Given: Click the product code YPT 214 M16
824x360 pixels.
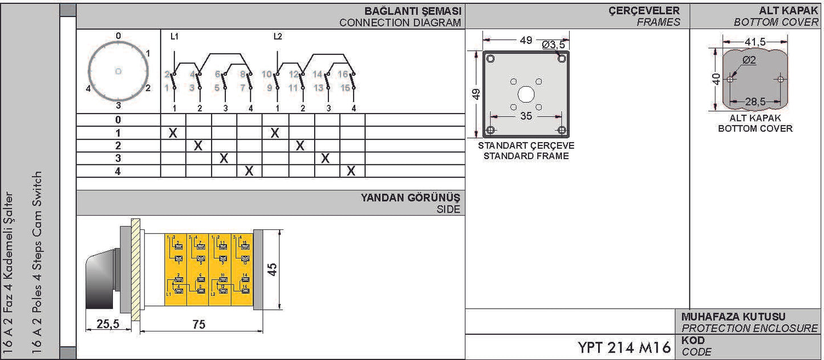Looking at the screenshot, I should point(624,347).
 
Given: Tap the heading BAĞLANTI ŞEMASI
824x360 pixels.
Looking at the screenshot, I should point(413,11).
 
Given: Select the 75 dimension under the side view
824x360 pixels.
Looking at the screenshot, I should point(199,324).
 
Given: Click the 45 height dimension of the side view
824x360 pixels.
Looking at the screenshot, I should point(273,270).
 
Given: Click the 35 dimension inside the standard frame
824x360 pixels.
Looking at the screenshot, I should point(526,116).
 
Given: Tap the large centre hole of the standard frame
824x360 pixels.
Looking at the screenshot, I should point(526,94).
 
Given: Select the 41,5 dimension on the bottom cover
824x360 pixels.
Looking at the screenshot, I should point(755,41).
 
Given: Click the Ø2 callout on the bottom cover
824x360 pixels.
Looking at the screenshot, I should point(749,59).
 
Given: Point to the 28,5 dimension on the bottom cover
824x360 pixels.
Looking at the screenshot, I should point(755,102).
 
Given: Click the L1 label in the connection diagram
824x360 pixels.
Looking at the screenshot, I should point(174,37).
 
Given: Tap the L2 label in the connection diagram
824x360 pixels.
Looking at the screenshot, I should point(278,37).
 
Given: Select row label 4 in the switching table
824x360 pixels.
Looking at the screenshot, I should point(118,171).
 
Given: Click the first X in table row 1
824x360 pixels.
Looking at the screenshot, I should point(173,133).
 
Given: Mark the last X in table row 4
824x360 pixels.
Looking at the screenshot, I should point(352,171).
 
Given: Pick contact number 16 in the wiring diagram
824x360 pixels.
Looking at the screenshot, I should point(343,74).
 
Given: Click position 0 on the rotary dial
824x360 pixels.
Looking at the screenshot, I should point(118,36).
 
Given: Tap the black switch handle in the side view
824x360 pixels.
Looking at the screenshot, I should point(100,280).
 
